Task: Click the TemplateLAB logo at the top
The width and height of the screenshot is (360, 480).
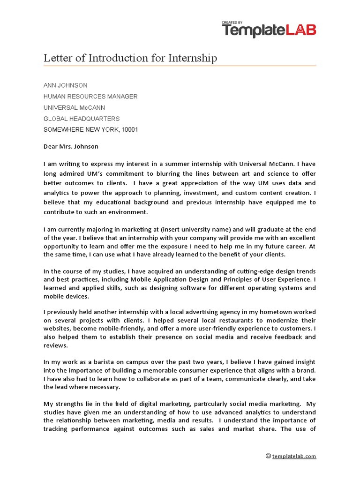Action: coord(269,31)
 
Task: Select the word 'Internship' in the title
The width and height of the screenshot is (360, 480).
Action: coord(193,58)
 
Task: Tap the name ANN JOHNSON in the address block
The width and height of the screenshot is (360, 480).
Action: coord(65,85)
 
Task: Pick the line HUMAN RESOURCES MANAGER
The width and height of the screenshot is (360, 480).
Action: coord(90,97)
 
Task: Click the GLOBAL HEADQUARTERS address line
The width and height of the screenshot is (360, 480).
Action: coord(82,119)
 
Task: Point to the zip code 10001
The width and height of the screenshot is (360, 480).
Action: coord(130,130)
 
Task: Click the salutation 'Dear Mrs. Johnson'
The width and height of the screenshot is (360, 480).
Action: coord(71,146)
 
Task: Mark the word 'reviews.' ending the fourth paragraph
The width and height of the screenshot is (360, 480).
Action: coord(56,345)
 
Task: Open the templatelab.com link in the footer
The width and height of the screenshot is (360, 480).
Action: coord(294,456)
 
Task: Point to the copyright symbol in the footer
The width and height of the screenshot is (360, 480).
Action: coord(268,456)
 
